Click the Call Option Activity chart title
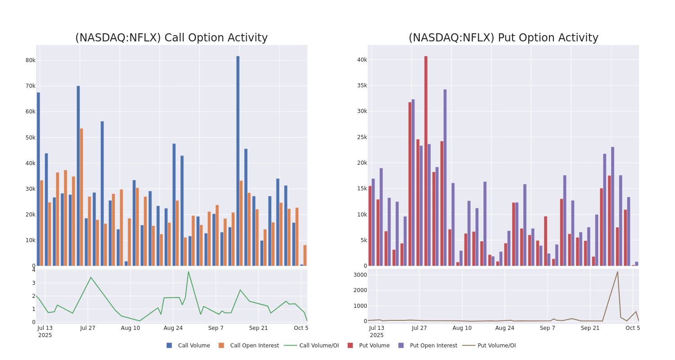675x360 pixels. coord(171,38)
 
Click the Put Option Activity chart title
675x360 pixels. coord(503,38)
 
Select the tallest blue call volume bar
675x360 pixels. coord(238,161)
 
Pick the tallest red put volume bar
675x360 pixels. coord(426,161)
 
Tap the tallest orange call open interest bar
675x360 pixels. coord(81,197)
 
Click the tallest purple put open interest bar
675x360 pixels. coord(445,177)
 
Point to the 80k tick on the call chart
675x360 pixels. coord(30,60)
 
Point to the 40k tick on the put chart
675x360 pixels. coord(362,60)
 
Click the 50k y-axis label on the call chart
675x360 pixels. coord(30,137)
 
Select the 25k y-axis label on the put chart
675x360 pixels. coord(362,137)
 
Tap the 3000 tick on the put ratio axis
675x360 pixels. coord(360,275)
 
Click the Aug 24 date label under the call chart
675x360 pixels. coord(173,328)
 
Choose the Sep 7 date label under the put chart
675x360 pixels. coord(548,328)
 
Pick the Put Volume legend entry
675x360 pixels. coord(374,346)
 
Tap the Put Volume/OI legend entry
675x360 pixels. coord(496,346)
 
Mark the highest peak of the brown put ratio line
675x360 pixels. coord(617,272)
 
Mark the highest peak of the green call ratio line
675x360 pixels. coord(188,272)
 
